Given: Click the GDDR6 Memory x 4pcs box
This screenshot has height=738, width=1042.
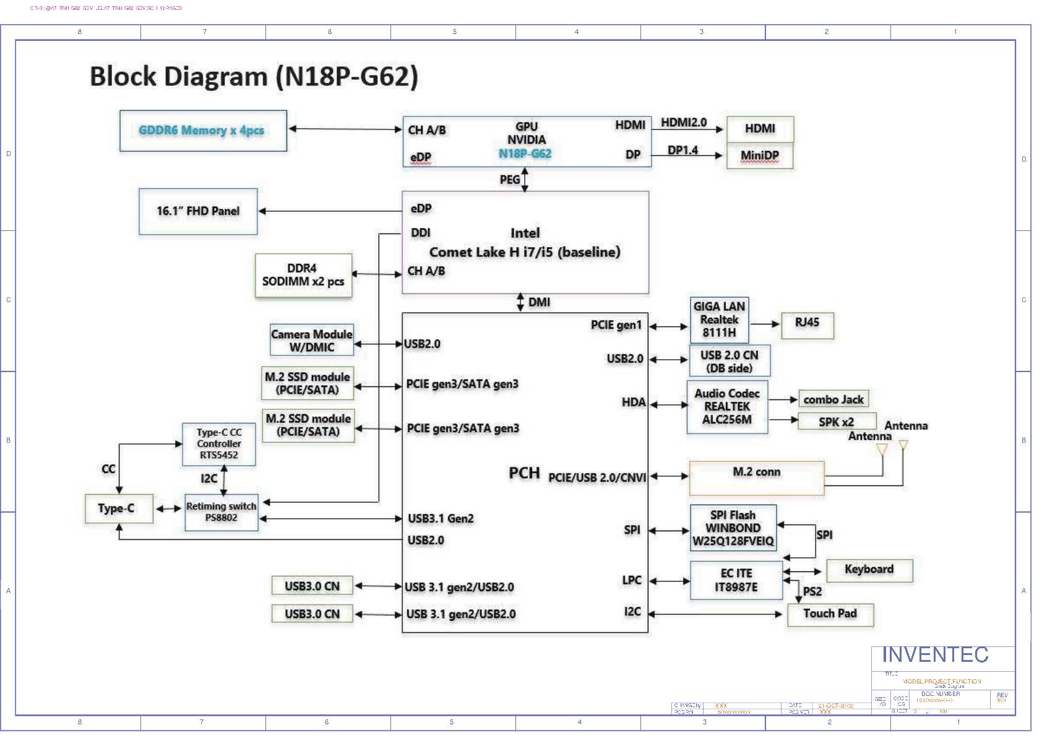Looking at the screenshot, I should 203,131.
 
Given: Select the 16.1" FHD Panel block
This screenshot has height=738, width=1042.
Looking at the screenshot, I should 198,211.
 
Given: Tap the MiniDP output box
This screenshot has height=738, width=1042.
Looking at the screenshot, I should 759,156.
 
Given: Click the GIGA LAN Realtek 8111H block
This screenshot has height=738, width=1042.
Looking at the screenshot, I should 719,320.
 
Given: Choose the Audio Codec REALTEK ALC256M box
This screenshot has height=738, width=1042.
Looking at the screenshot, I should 727,407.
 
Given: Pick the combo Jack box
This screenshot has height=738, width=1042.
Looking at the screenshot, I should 833,399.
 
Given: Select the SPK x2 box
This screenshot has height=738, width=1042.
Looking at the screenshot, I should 837,422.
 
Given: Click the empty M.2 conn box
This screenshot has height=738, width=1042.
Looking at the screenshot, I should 756,478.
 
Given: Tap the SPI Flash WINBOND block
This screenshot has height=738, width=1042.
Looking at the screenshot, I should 733,528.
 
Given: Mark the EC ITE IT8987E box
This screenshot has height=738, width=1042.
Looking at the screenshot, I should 736,580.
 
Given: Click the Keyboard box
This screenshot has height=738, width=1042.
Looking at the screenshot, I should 869,570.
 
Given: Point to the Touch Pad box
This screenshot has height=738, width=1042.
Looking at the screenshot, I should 830,614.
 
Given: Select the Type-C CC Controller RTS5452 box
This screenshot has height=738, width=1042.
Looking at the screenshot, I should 219,444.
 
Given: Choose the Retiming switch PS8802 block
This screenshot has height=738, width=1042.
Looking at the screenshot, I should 222,512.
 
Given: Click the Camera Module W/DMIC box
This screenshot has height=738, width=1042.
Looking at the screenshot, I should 312,341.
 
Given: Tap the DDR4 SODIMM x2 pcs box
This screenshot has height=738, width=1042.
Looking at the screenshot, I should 303,276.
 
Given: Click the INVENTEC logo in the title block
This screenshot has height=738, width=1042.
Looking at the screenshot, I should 935,655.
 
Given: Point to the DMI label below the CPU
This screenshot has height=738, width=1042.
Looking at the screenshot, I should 539,302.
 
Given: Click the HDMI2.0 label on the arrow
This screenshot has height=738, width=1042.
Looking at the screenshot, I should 683,123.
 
